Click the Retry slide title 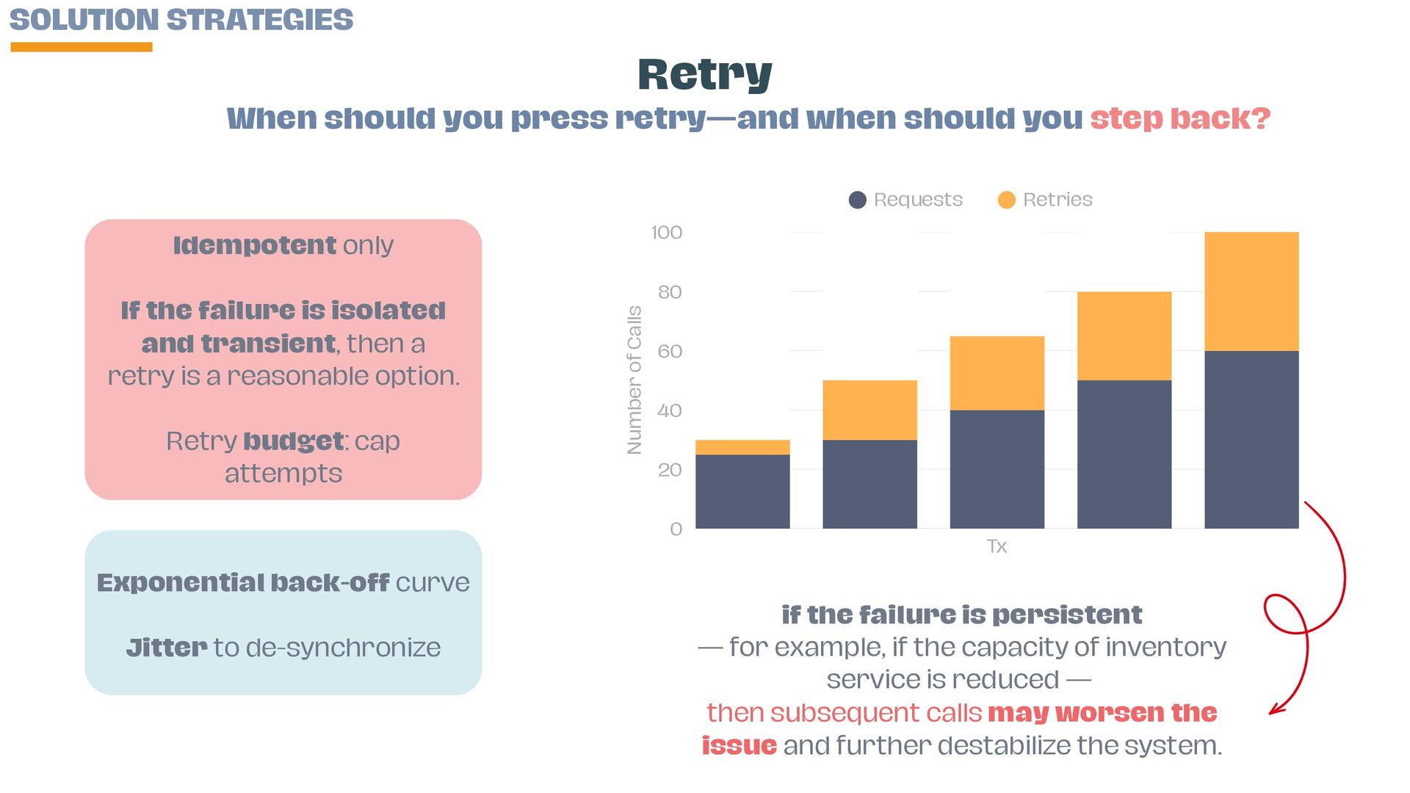(x=705, y=75)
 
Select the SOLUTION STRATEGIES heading (x=181, y=20)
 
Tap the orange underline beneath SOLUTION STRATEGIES (x=82, y=47)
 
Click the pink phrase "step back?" (x=1180, y=118)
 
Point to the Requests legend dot (x=857, y=200)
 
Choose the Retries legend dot (x=1006, y=200)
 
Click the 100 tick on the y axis (x=667, y=233)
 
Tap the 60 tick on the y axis (x=670, y=351)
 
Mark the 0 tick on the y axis (x=676, y=529)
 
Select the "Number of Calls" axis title (x=634, y=380)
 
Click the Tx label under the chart (x=997, y=546)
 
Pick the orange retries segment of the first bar (x=742, y=447)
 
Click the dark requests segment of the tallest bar (x=1251, y=439)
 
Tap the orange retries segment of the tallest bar (x=1251, y=292)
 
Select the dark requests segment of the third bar (x=997, y=469)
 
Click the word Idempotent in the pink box (x=255, y=245)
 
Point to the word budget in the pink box (x=294, y=441)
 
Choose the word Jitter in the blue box (x=167, y=648)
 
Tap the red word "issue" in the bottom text (x=739, y=745)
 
